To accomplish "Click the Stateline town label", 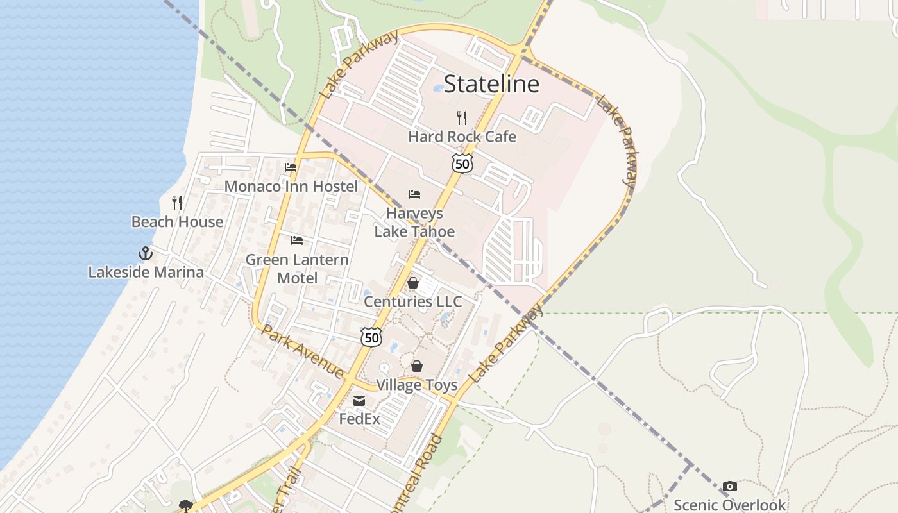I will (x=491, y=84).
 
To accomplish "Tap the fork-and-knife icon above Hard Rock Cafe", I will (x=461, y=117).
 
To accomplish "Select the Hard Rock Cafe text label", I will (x=462, y=137).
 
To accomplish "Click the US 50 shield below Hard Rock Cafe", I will (x=462, y=164).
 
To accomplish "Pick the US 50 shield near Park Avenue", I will (x=371, y=337).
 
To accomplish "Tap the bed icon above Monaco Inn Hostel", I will (x=291, y=167).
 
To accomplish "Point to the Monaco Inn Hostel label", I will (x=291, y=187).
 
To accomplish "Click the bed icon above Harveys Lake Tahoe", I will (x=414, y=194).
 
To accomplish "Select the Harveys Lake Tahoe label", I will (x=414, y=222).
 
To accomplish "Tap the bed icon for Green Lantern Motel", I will (x=297, y=240).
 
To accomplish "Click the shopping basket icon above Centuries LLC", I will (x=413, y=283).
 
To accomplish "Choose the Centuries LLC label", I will (x=412, y=301).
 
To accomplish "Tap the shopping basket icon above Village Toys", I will (x=417, y=366).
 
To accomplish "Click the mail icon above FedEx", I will (x=359, y=401).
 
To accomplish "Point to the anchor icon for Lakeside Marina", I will (x=146, y=253).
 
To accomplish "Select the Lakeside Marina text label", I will (x=146, y=272).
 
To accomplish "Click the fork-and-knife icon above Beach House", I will (x=177, y=203).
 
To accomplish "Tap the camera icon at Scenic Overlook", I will (x=729, y=487).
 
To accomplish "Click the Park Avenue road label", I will (x=303, y=351).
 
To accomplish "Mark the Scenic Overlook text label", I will (x=729, y=505).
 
